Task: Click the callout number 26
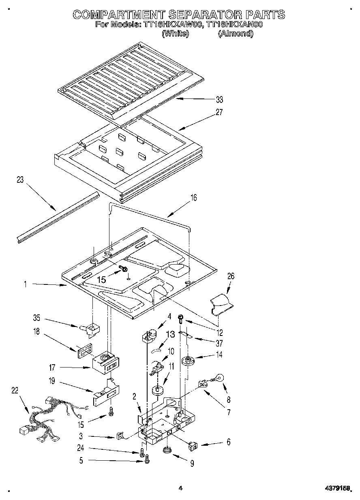click(x=231, y=276)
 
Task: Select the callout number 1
click(x=25, y=284)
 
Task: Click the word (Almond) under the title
click(x=235, y=34)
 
